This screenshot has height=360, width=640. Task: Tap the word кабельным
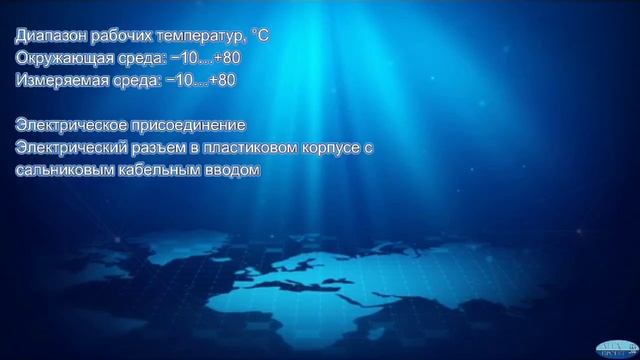tap(155, 170)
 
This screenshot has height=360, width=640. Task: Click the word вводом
tap(228, 170)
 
